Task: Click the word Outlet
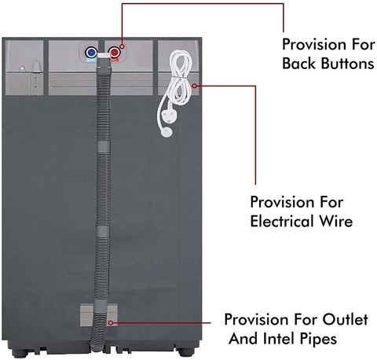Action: [345, 319]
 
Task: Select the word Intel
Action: [279, 339]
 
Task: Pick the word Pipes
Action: [318, 340]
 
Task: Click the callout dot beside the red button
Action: [122, 46]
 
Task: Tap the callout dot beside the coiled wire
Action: [195, 86]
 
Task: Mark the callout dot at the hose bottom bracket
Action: [111, 323]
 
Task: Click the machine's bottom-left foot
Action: [22, 352]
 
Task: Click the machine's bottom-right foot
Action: [185, 352]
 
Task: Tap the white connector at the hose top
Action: [104, 55]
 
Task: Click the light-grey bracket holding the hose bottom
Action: [99, 315]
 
